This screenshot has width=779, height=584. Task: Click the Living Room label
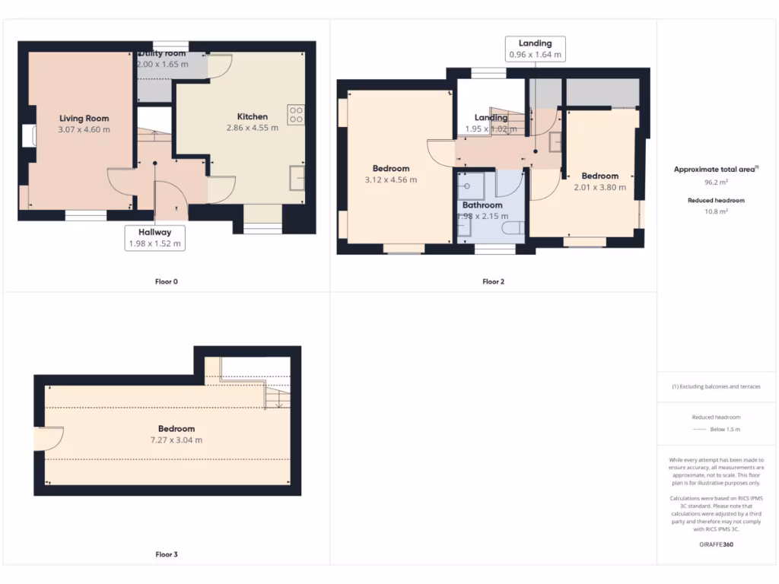(x=84, y=119)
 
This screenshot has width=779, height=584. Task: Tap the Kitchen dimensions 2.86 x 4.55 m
(x=252, y=128)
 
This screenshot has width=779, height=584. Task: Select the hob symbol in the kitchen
(x=295, y=114)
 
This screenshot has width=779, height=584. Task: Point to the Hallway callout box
(x=154, y=238)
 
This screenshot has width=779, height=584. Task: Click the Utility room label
(x=162, y=54)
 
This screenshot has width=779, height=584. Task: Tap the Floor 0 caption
(x=166, y=281)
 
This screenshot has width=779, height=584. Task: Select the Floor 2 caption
(x=493, y=281)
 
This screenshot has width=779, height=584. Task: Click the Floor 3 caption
(x=166, y=554)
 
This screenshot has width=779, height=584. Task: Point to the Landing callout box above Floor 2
(x=535, y=49)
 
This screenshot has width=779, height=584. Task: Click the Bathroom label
(x=482, y=205)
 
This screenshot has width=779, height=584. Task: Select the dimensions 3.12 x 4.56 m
(x=391, y=180)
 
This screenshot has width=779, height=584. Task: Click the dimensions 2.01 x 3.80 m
(x=599, y=187)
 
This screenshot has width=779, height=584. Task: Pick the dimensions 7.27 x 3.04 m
(x=176, y=440)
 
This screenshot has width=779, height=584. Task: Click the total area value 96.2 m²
(x=717, y=183)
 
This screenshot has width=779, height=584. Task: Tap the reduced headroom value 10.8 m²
(x=717, y=211)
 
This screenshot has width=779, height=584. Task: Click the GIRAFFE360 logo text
(x=717, y=544)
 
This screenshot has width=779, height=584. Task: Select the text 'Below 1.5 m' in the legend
(x=725, y=430)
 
